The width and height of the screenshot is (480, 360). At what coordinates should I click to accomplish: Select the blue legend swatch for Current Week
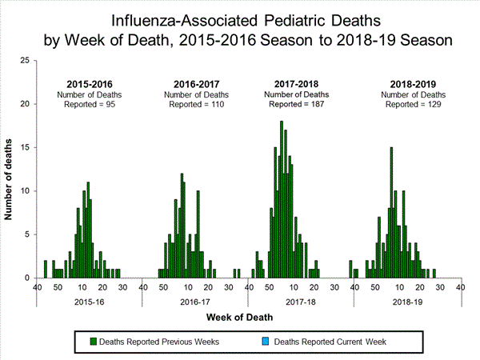click(x=266, y=342)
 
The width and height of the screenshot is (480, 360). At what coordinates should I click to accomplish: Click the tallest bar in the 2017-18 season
click(x=282, y=199)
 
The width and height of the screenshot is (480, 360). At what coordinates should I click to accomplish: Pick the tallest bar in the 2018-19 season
click(x=391, y=212)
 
